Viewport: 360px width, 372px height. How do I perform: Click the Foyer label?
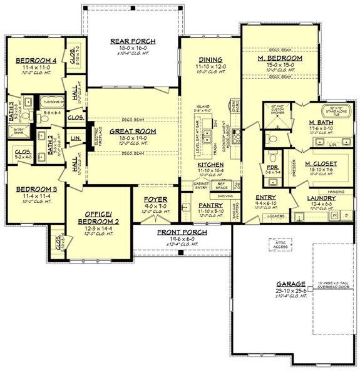(155, 200)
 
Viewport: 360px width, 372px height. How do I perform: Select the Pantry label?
(206, 205)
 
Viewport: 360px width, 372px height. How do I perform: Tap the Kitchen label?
(206, 163)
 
